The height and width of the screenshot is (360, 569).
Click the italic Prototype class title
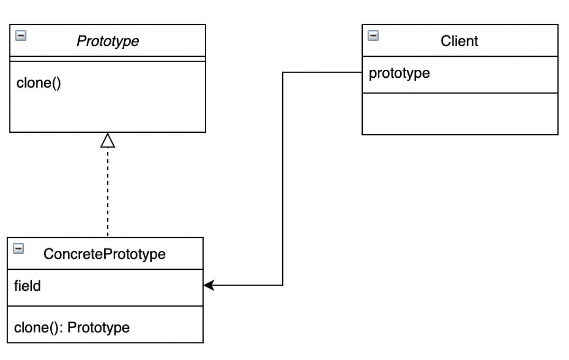(108, 41)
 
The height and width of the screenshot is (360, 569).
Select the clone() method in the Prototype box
(39, 83)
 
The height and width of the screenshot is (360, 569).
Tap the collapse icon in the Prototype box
(21, 36)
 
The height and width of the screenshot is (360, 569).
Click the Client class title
(459, 41)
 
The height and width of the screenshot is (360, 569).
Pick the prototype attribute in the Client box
(399, 73)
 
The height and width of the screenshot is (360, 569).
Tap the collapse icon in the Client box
(374, 36)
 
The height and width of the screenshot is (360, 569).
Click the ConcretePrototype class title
(104, 254)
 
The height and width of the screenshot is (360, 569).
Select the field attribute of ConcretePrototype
(28, 286)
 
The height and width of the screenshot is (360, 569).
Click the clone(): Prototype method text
(72, 327)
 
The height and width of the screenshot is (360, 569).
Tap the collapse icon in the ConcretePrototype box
(18, 249)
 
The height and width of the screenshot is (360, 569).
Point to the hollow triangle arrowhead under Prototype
(108, 140)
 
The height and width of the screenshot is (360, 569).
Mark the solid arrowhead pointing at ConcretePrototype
(209, 285)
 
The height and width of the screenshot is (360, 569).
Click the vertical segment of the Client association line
(283, 180)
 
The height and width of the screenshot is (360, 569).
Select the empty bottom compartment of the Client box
(459, 114)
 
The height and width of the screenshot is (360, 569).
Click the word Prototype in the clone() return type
(99, 327)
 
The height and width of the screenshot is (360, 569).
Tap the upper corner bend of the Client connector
(283, 73)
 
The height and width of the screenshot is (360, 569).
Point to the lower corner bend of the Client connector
(283, 285)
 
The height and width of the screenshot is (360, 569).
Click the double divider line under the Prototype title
(108, 59)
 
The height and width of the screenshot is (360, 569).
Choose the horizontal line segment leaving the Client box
(322, 73)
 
